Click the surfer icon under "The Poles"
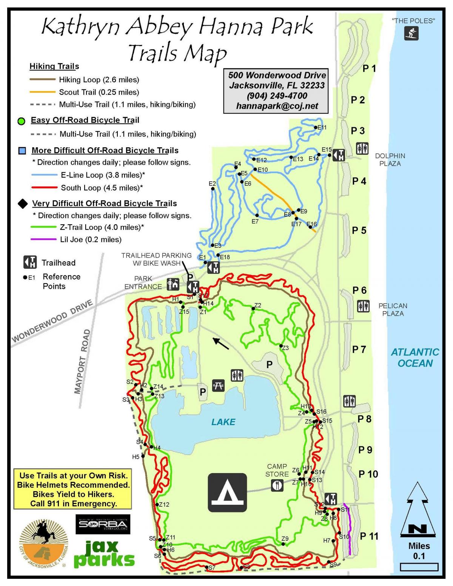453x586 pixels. click(x=411, y=33)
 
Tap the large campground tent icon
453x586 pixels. click(x=227, y=492)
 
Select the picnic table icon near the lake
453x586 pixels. click(x=219, y=385)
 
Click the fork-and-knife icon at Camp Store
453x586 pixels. click(x=277, y=485)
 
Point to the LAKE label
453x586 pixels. click(x=223, y=422)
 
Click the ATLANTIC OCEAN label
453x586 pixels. click(x=415, y=358)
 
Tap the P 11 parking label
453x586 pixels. click(x=369, y=536)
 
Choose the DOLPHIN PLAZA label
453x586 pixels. click(x=390, y=160)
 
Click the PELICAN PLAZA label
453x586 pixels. click(x=393, y=309)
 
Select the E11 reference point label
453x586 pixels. click(x=322, y=128)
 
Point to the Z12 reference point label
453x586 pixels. click(x=164, y=504)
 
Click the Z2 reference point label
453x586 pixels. click(x=258, y=305)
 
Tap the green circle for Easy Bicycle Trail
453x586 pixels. click(x=22, y=121)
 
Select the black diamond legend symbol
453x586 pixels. click(x=23, y=204)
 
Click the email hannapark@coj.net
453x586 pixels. click(x=277, y=106)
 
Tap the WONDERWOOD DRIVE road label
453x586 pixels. click(x=52, y=321)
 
